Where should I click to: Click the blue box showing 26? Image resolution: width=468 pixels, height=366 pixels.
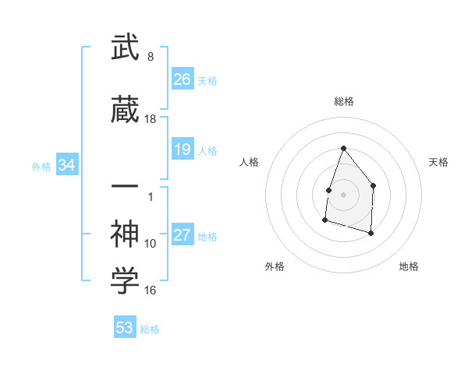[x=183, y=79]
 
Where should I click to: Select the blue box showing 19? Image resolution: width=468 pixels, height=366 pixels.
[x=183, y=150]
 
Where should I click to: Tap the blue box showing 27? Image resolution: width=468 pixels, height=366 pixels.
[x=183, y=235]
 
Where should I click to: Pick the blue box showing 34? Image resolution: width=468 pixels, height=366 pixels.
[x=66, y=165]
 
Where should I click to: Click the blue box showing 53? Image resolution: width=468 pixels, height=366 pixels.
[x=124, y=328]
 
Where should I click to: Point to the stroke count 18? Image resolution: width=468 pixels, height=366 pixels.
[x=151, y=119]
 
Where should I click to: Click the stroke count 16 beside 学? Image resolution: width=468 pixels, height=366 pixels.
[x=151, y=290]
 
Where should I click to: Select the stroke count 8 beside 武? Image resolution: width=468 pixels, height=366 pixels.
[x=151, y=57]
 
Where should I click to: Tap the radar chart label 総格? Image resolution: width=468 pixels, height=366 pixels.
[x=343, y=101]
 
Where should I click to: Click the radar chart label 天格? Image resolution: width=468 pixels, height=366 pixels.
[x=439, y=162]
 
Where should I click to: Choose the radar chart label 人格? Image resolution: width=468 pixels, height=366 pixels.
[x=250, y=162]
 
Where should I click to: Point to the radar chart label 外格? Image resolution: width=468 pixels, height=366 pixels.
[x=275, y=266]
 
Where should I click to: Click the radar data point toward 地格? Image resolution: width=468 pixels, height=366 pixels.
[x=371, y=233]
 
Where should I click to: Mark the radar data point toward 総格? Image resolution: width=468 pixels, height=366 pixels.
[x=343, y=148]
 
